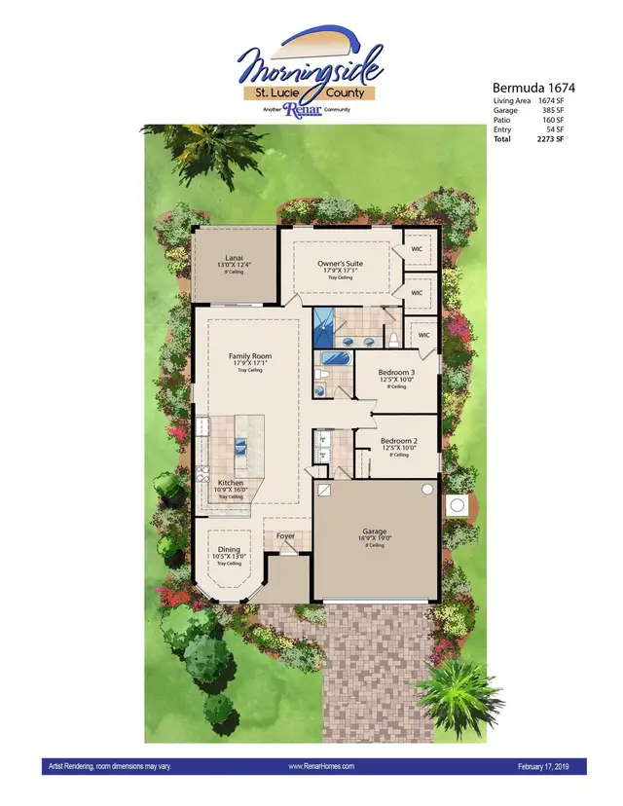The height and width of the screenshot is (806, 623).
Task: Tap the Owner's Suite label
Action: (x=340, y=263)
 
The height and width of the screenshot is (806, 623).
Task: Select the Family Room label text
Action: (x=249, y=356)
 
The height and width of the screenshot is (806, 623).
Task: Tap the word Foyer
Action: (x=284, y=535)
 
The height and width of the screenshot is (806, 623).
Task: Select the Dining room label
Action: (x=229, y=550)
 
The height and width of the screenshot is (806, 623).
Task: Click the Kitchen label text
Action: (x=231, y=483)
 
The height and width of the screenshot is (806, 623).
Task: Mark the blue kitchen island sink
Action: (x=238, y=448)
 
